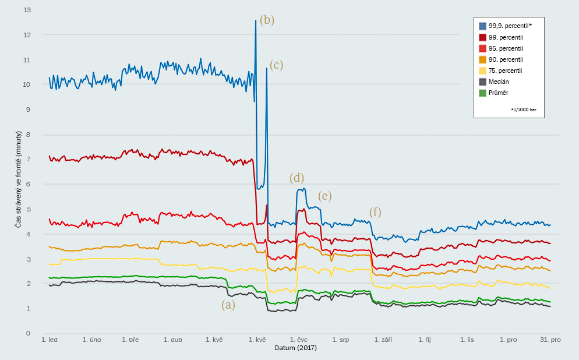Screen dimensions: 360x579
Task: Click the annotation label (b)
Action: point(267,20)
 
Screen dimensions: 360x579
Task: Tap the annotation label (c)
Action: point(276,65)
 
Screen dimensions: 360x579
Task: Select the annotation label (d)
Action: point(296,178)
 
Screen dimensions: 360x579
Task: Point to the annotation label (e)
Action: point(324,196)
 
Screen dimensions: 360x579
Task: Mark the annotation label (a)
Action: point(228,305)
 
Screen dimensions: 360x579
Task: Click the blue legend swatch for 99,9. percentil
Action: point(482,26)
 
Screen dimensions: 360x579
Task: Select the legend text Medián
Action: point(499,82)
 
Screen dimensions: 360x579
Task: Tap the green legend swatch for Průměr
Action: point(482,93)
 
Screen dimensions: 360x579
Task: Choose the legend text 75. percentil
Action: point(506,70)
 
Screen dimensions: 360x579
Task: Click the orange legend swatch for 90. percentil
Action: point(482,59)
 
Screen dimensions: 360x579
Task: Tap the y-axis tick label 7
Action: point(28,159)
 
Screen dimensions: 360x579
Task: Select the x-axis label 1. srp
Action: point(341,340)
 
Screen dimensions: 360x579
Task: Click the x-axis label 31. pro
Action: point(550,340)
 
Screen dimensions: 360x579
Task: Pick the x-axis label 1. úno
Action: point(91,340)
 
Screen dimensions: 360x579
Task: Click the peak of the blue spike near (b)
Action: point(256,21)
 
